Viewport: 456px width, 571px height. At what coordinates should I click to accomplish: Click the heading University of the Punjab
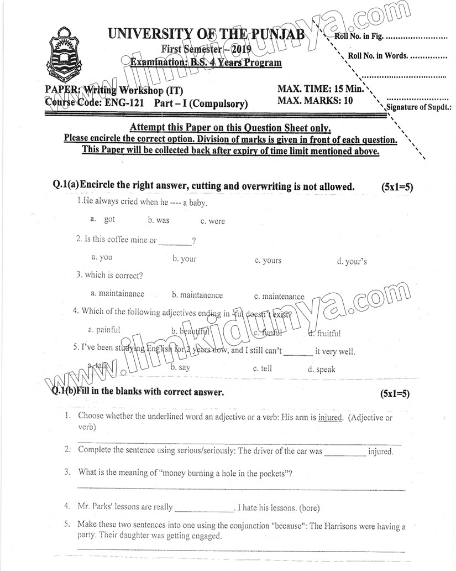coord(206,34)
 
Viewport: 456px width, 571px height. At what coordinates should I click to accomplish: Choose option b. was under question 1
coord(159,220)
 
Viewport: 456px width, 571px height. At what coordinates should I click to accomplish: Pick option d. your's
coord(352,261)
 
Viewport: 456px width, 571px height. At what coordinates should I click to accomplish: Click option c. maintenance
coord(279,296)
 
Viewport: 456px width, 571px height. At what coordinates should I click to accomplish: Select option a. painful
coord(104,330)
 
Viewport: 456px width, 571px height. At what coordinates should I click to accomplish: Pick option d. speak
coord(322,369)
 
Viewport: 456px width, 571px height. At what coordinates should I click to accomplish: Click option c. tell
coord(263,368)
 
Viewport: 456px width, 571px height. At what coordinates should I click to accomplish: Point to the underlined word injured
coord(331,418)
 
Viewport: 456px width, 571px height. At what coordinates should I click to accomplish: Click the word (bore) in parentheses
coord(308,508)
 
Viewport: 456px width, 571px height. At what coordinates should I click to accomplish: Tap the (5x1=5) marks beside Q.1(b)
coord(395,394)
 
